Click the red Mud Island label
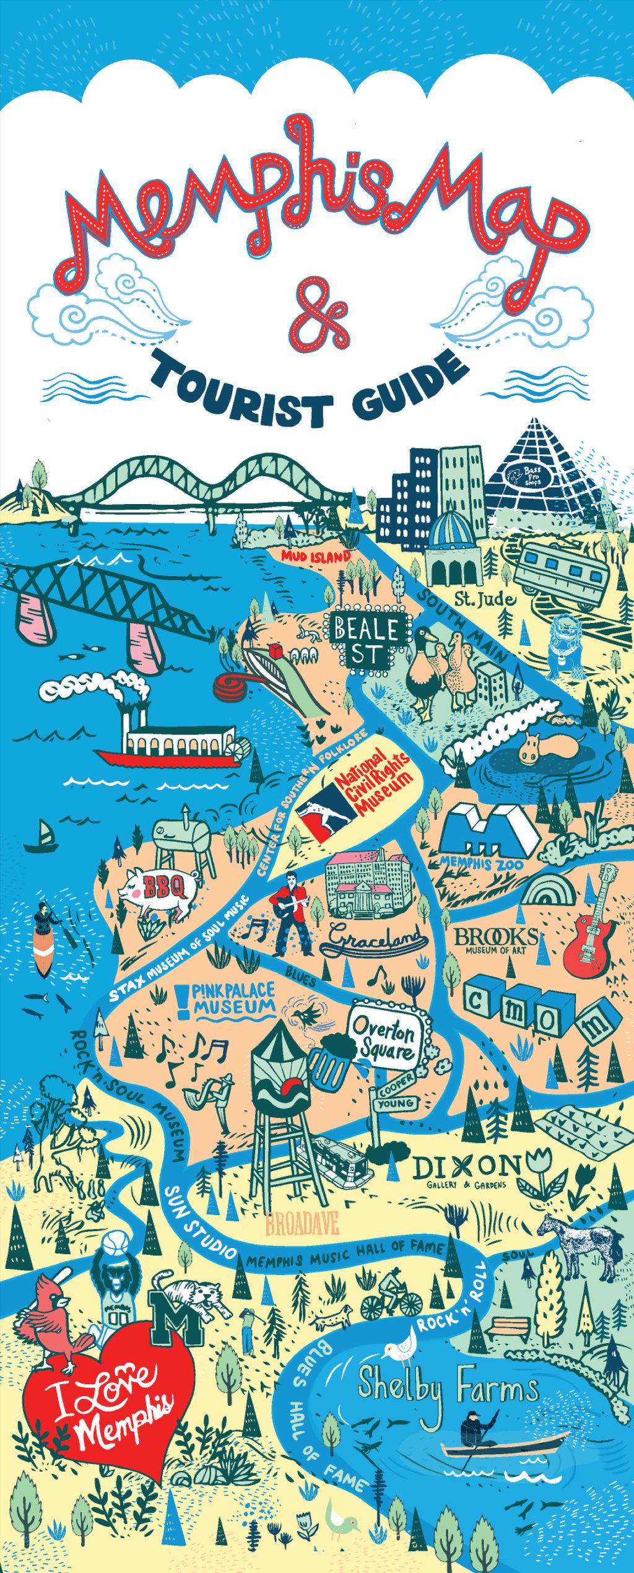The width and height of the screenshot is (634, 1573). point(316,557)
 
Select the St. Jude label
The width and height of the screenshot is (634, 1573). point(485,599)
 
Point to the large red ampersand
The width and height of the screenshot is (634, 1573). point(319,315)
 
